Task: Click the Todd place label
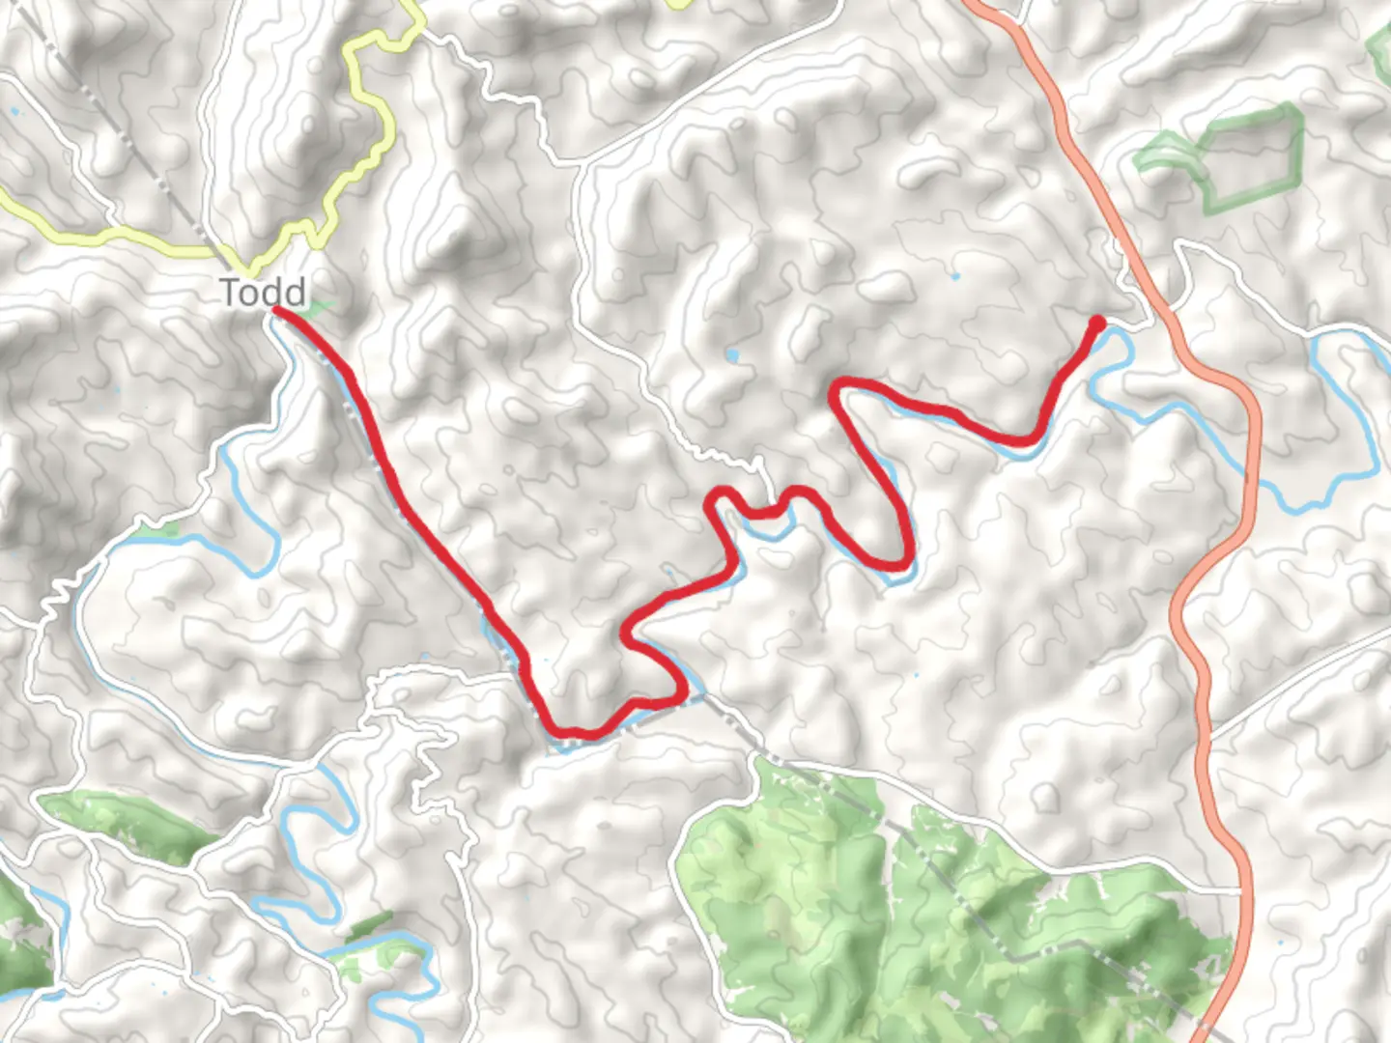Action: pos(263,292)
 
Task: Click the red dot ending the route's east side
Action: pos(1097,323)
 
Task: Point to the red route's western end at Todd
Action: pos(278,310)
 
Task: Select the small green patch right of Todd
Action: pos(315,310)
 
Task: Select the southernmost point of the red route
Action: pos(570,733)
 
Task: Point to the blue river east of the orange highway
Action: pos(1343,406)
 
